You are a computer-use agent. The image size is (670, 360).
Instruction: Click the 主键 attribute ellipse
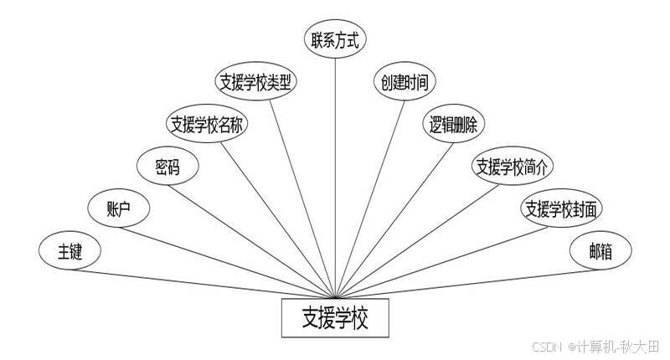click(70, 250)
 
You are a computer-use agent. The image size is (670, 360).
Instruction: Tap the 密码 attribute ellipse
click(167, 166)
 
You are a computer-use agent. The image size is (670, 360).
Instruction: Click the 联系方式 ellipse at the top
click(336, 39)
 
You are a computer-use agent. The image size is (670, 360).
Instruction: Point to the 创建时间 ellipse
click(405, 82)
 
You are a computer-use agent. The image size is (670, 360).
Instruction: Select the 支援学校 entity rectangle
click(335, 318)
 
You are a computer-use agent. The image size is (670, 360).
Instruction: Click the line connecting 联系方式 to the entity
click(336, 167)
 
